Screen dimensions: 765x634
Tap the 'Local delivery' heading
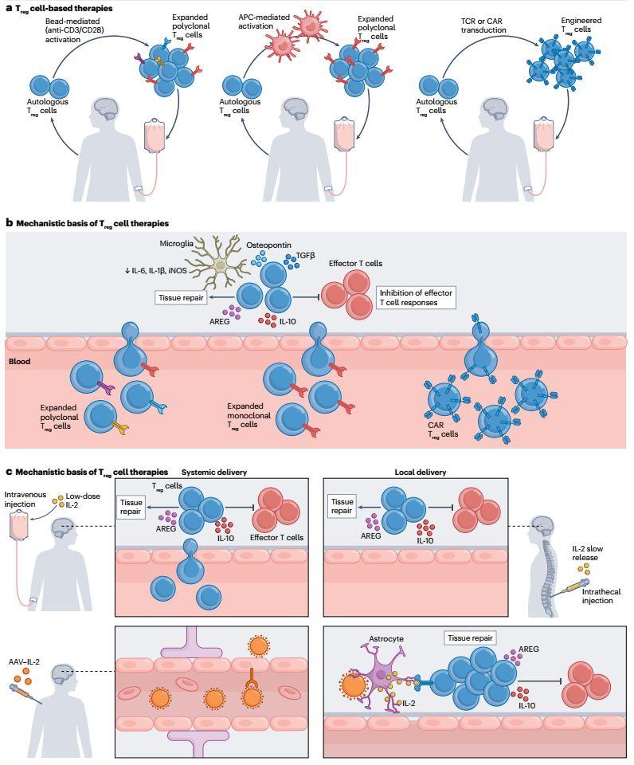coord(421,472)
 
